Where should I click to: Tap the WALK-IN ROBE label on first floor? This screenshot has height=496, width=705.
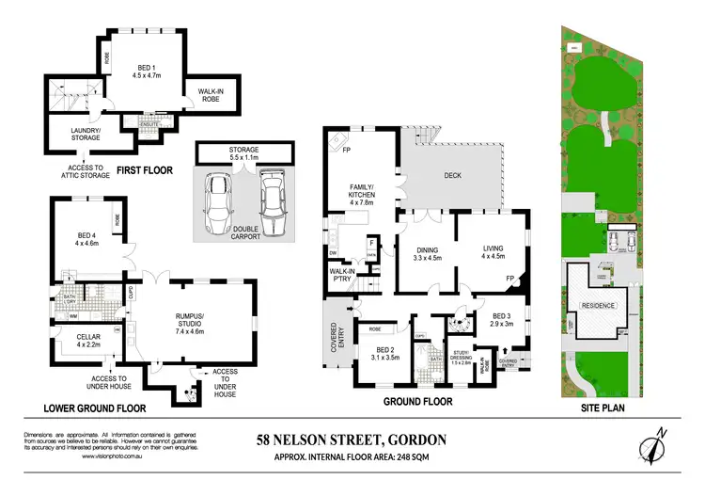[210, 94]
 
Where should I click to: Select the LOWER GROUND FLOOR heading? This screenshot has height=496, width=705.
[93, 408]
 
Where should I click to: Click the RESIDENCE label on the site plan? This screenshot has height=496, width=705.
[598, 306]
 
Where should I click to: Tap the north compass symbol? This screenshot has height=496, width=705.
[655, 445]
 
